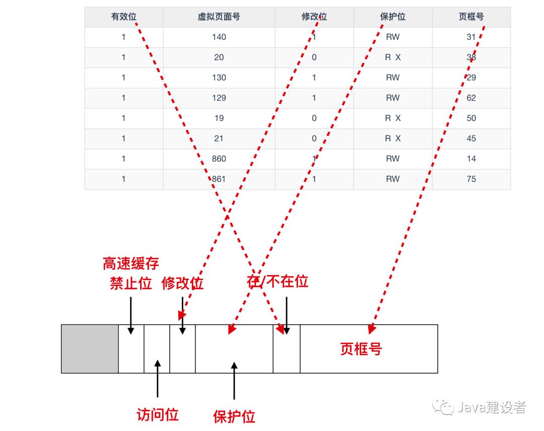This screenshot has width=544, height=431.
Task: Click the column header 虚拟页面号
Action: tap(219, 17)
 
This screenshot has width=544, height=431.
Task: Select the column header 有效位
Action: tap(123, 17)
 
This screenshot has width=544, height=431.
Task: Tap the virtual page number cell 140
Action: tap(219, 37)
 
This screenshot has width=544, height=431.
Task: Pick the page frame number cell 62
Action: tap(471, 98)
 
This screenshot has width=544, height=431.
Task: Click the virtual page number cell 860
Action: tap(219, 159)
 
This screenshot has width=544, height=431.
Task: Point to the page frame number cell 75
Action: tap(471, 179)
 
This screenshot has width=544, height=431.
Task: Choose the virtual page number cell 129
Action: tap(219, 98)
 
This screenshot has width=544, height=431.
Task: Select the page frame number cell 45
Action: tap(471, 138)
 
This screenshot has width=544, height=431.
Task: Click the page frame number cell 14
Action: tap(471, 159)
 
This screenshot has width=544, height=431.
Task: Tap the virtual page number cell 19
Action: tap(219, 118)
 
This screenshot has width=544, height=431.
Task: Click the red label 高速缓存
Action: tap(131, 264)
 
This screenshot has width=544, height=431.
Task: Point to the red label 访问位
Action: tap(158, 415)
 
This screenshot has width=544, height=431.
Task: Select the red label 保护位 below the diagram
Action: tap(234, 416)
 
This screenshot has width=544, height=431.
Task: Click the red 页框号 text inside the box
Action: tap(361, 349)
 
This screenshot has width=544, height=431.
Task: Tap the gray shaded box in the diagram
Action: tap(90, 349)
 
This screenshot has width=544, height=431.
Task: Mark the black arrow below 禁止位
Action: tap(131, 315)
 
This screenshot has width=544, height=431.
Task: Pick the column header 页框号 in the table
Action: tap(471, 17)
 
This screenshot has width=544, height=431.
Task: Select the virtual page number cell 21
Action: tap(219, 138)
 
